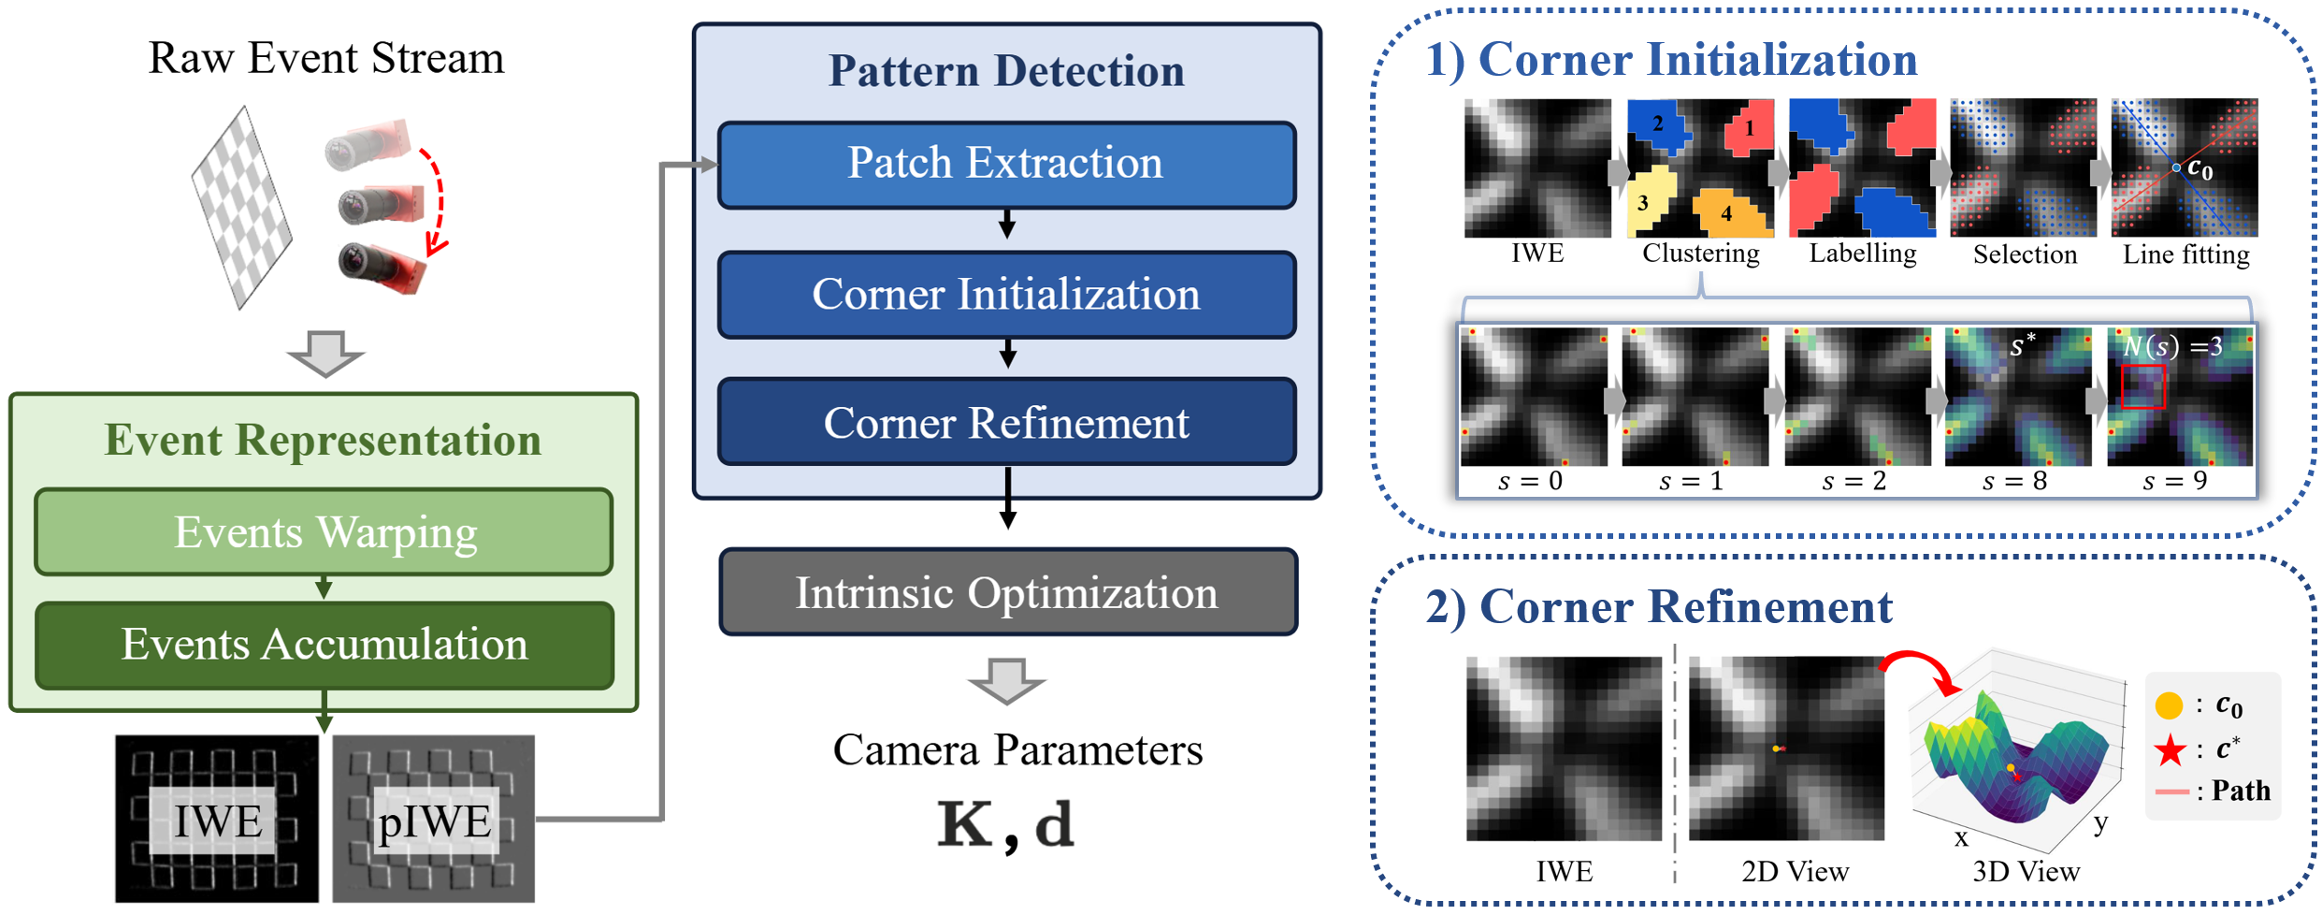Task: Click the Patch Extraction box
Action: pos(1006,164)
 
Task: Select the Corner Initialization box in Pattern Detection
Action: pos(1006,294)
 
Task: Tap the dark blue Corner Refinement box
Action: pos(1006,422)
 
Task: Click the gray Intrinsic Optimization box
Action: pos(1007,592)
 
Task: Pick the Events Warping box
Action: pos(325,531)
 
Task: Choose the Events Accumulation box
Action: pos(325,645)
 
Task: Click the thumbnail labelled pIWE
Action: pos(433,819)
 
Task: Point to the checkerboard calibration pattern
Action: pos(241,208)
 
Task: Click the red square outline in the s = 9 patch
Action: pos(2142,386)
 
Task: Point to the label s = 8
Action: pos(2014,481)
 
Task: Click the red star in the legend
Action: pos(2170,750)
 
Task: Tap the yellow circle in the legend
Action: pos(2169,705)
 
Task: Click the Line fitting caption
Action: pos(2185,254)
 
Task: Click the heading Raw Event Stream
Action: pos(325,58)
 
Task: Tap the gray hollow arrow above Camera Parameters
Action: pos(1006,680)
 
